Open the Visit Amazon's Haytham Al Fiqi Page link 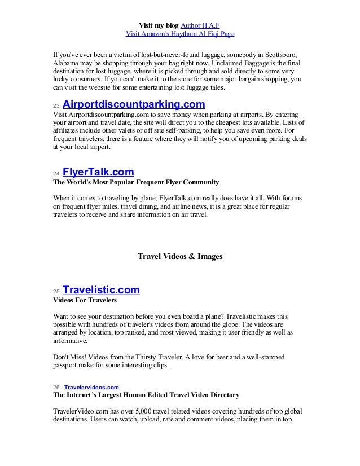179,34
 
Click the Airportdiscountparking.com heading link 133,105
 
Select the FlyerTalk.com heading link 98,172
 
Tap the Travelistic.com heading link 101,290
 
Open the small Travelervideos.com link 91,387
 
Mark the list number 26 56,388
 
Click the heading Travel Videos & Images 180,256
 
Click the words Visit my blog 158,25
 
